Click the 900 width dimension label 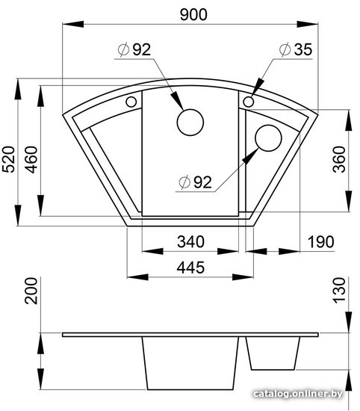point(193,15)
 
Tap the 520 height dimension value point(8,159)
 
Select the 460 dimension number point(31,160)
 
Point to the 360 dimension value point(339,159)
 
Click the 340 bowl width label point(190,241)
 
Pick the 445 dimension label point(190,268)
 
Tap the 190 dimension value point(320,241)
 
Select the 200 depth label point(31,291)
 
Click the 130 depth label point(339,291)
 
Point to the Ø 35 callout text point(296,49)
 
